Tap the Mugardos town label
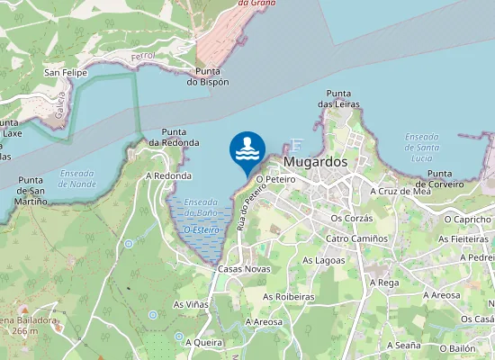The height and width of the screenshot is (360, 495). point(315,162)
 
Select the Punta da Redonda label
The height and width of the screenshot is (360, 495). point(174,137)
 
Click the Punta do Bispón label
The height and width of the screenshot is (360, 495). point(208,76)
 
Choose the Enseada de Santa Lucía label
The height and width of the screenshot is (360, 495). point(421,147)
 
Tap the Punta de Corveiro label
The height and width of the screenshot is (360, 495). point(452,178)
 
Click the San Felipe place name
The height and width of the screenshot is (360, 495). point(65,72)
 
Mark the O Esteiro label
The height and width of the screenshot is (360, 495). point(200,230)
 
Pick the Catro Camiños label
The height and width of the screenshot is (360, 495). point(356,238)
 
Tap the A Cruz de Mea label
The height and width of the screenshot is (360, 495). point(400,191)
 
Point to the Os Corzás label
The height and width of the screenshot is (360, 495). point(351,218)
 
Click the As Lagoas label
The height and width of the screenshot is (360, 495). point(324,260)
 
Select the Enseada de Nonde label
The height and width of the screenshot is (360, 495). point(76,178)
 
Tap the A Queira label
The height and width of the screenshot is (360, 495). point(203,342)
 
